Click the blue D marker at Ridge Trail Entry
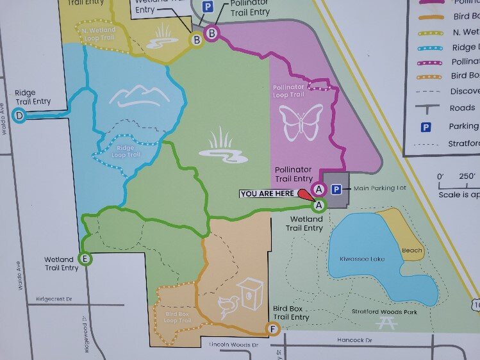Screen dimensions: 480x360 (x=20, y=116)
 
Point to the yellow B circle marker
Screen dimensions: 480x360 (x=197, y=40)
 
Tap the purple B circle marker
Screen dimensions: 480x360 (x=211, y=32)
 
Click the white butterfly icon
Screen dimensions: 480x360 (x=301, y=122)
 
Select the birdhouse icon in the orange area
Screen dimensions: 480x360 (x=250, y=294)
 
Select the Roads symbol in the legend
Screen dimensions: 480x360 (x=425, y=108)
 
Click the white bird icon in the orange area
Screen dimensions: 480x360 (x=227, y=307)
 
